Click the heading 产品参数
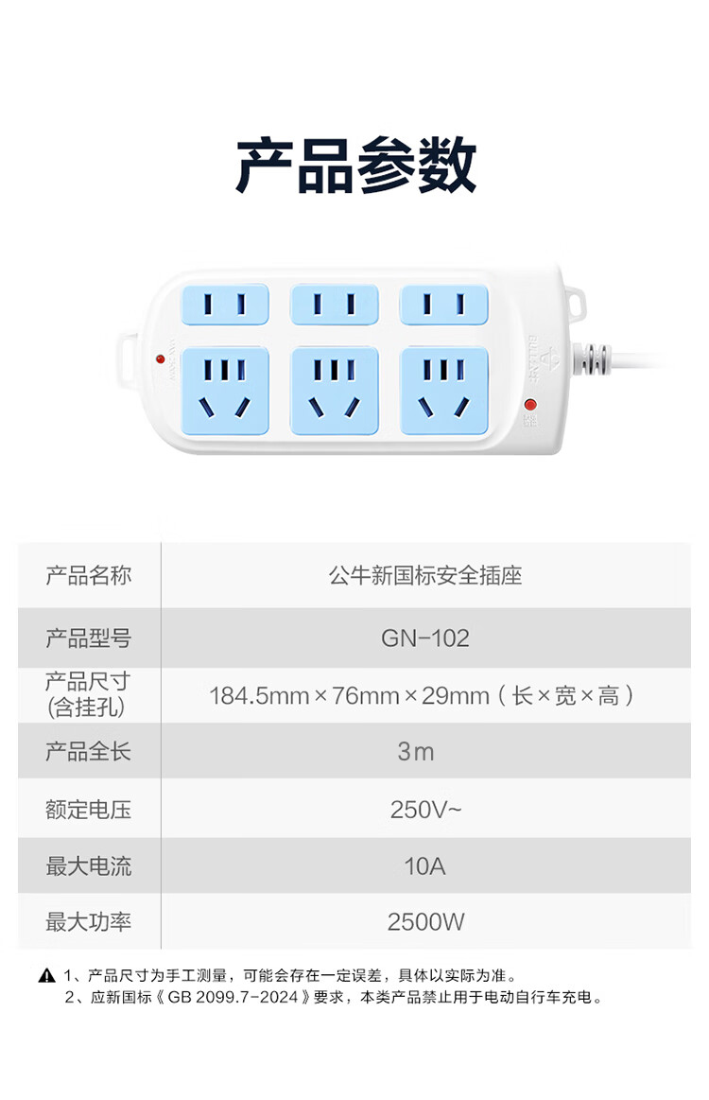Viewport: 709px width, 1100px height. pos(355,166)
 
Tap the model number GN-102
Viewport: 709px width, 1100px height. pos(425,637)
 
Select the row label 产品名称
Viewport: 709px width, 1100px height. pos(88,575)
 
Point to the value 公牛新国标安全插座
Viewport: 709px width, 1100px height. pos(425,575)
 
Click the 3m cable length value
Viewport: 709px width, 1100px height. pos(416,751)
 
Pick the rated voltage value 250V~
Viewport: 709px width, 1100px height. pos(425,810)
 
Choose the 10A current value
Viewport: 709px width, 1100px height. pos(425,866)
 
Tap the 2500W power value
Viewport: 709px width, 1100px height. pos(425,922)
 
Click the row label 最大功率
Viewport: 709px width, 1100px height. pos(88,922)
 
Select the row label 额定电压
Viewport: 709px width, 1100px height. pos(88,810)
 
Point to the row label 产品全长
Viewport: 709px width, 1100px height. pos(88,751)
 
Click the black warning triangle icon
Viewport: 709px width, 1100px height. pos(46,975)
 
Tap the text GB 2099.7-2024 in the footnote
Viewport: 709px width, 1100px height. pos(233,997)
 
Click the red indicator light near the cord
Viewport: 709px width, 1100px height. pos(530,404)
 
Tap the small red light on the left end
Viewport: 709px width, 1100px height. pos(160,359)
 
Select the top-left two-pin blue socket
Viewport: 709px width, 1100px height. pos(225,305)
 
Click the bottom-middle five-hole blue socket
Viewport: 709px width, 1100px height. pos(335,391)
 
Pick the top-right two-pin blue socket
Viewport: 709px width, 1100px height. pos(444,305)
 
